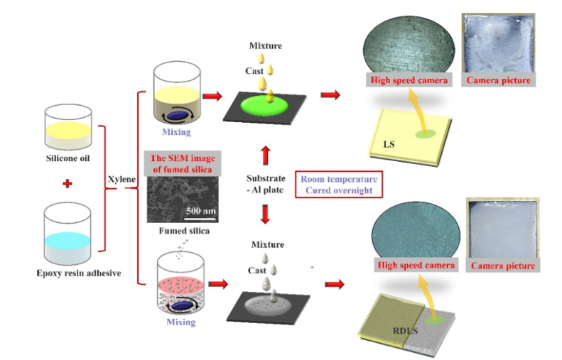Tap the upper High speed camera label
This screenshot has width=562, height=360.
click(x=408, y=80)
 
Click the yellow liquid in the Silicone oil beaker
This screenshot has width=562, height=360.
click(x=70, y=128)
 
